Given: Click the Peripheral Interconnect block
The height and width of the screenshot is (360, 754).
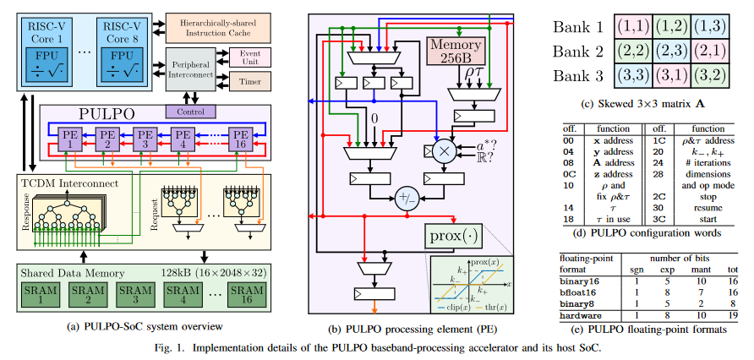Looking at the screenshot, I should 191,69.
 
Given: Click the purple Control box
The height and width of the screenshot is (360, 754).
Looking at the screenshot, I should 191,111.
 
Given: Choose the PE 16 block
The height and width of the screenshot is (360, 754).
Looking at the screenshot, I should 241,139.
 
